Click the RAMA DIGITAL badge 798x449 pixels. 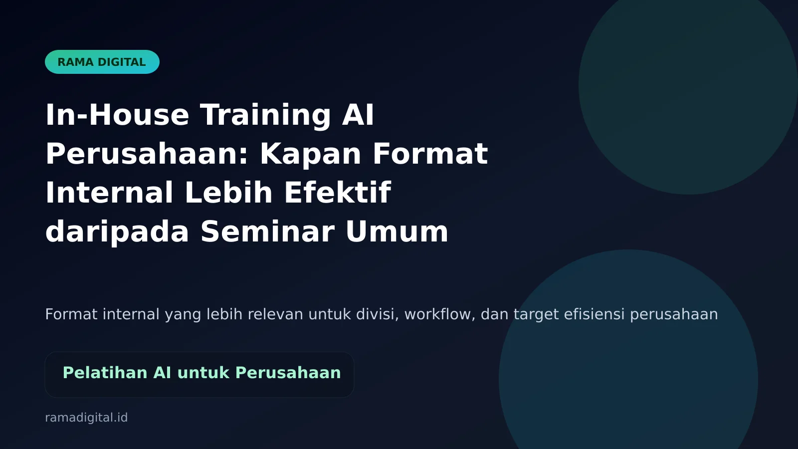coord(102,62)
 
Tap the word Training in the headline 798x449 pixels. coord(265,115)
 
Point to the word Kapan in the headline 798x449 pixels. coord(310,154)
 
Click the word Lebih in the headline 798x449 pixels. coord(228,193)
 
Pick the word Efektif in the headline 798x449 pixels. coord(338,193)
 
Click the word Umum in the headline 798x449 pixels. coord(397,231)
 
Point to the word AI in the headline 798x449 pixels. coord(358,115)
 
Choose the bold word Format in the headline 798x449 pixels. coord(430,154)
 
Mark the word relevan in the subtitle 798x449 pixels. coord(275,314)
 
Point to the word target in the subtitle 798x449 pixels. coord(536,314)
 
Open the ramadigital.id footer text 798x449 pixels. coord(86,418)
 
